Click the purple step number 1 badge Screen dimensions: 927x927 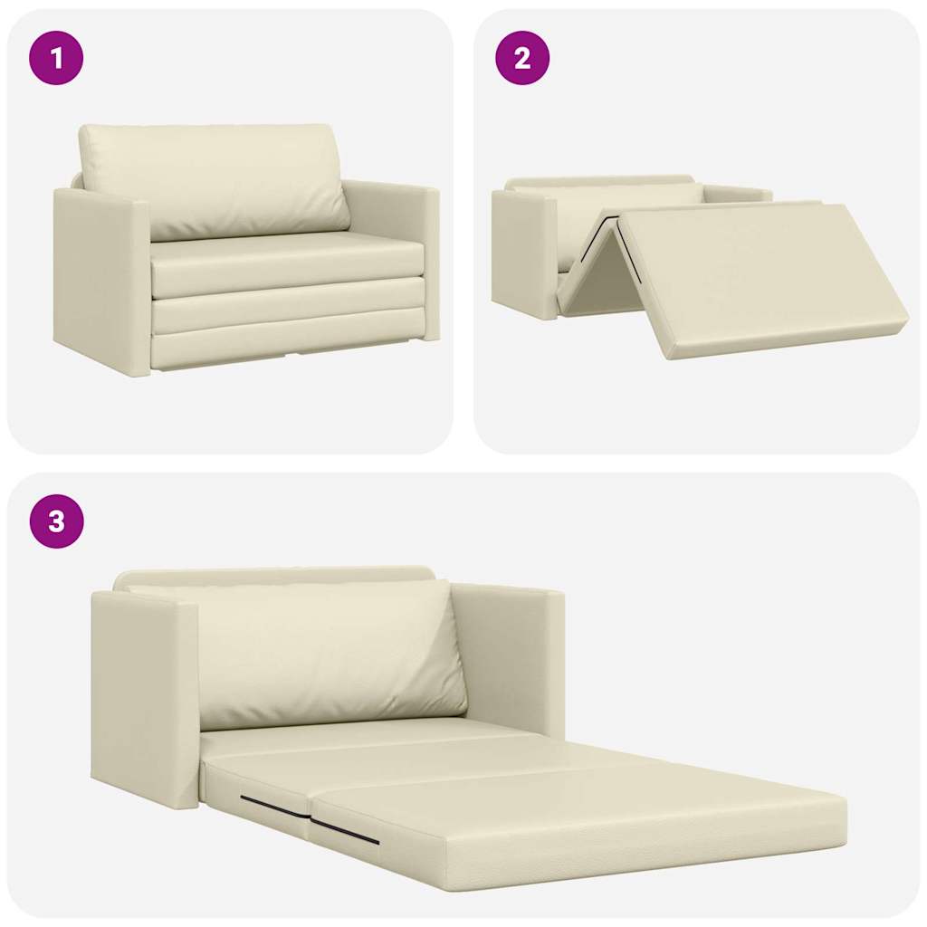56,59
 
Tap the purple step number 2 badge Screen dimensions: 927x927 521,59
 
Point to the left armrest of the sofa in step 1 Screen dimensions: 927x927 100,281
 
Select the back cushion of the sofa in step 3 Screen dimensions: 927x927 326,652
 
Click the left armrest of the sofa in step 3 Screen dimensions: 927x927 145,697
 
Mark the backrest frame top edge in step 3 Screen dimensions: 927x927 272,575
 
